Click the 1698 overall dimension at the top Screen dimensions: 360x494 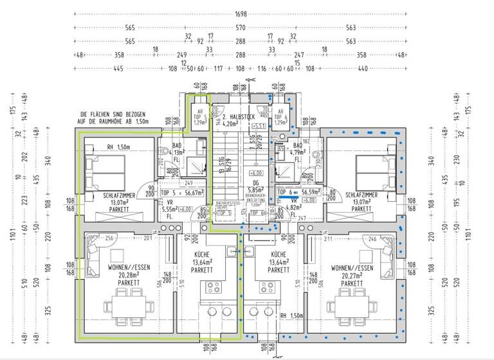click(x=241, y=14)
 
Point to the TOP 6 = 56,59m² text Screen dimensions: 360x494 click(x=300, y=192)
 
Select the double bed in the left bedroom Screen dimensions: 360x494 click(x=107, y=169)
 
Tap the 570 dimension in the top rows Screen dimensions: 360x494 click(x=241, y=28)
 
